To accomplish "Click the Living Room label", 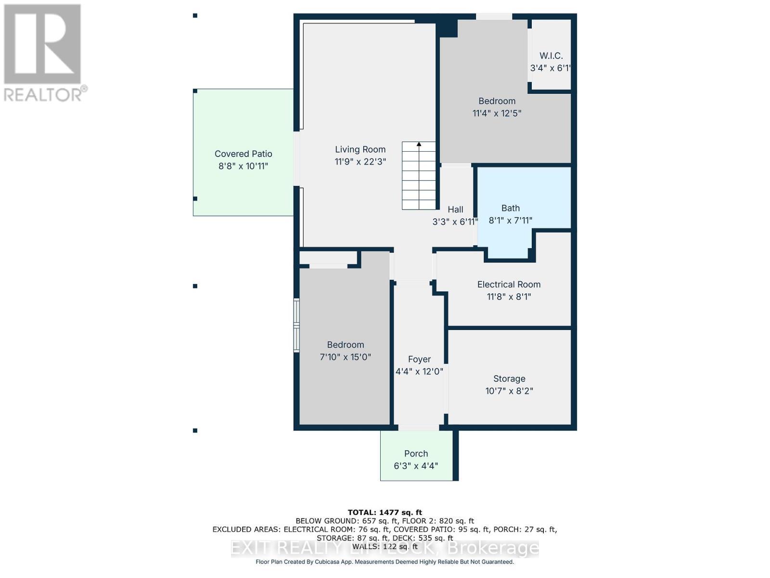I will (x=360, y=149).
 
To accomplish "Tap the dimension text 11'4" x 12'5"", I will (x=497, y=113).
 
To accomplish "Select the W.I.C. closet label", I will (x=551, y=56).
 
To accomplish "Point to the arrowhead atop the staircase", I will (x=419, y=144).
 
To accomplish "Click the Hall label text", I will (x=455, y=210).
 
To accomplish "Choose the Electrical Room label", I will (x=509, y=284).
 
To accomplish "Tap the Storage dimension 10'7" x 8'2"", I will (x=509, y=391).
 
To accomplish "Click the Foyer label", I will (x=419, y=359).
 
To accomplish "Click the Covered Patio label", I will (x=243, y=154).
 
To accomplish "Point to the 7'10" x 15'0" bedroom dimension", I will (x=345, y=357).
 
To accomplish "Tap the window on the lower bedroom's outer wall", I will (x=297, y=325).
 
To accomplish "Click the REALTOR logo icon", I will (x=42, y=44).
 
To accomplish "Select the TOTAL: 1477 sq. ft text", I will (x=385, y=512).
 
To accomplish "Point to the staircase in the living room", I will (x=419, y=176).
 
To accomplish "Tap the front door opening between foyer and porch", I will (x=418, y=427).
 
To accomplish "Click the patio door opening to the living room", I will (x=296, y=158).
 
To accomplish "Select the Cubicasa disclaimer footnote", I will (x=385, y=562).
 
